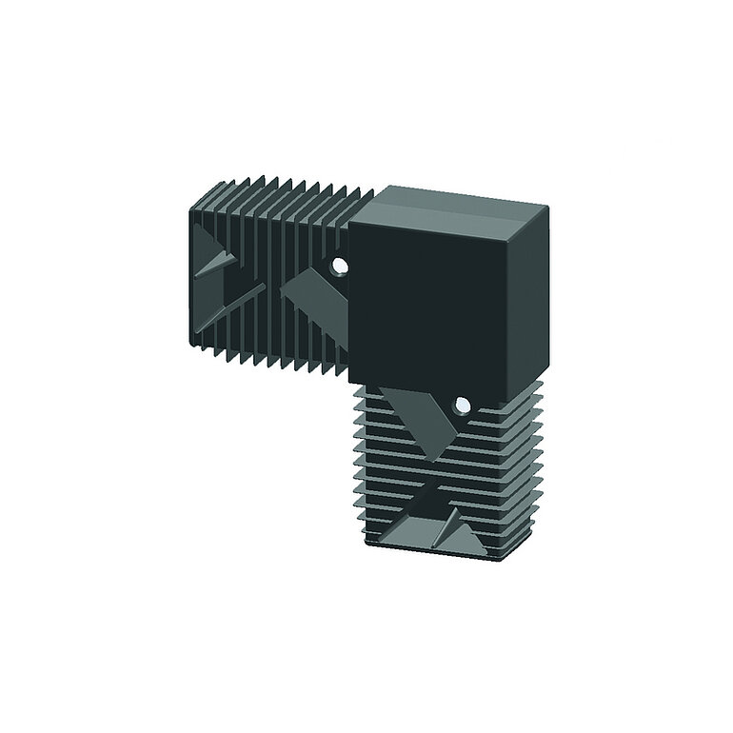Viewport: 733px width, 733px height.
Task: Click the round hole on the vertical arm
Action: tap(462, 406)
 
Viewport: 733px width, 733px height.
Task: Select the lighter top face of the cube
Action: tap(457, 202)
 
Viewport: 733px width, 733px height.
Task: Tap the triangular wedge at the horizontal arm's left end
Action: tap(217, 258)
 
